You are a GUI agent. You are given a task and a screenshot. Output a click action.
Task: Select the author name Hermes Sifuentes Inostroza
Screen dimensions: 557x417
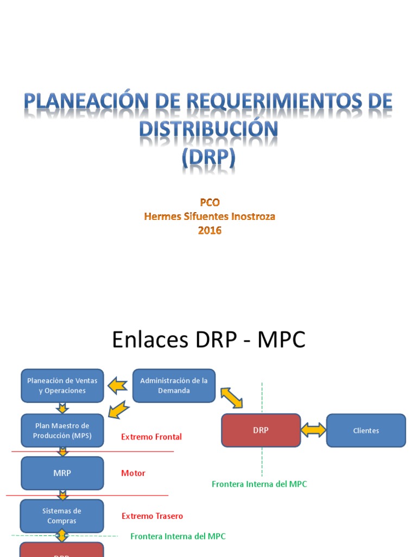[209, 216]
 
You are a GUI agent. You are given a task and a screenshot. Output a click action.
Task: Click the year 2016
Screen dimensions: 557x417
[209, 230]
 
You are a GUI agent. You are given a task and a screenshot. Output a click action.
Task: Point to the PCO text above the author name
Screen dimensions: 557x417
[209, 202]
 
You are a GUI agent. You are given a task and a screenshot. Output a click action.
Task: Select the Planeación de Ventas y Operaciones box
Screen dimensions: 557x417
[62, 386]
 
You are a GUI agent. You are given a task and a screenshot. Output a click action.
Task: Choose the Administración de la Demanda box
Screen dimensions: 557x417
[174, 386]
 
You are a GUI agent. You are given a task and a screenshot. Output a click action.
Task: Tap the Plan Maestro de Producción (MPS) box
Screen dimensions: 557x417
[62, 430]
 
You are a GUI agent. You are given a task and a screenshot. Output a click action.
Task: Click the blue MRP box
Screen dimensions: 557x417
[62, 473]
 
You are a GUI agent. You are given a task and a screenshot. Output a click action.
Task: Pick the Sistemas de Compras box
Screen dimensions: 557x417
[62, 516]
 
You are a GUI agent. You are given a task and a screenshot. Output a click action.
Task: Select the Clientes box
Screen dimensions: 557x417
[365, 430]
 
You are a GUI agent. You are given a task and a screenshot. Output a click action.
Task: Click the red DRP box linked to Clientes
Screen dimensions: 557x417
[261, 430]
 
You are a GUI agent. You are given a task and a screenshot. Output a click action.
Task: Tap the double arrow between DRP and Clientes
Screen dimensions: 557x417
[313, 430]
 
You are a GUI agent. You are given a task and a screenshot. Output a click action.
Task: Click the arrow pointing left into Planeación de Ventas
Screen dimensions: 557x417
[118, 386]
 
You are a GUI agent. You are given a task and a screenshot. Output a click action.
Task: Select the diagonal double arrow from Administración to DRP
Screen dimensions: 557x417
[231, 398]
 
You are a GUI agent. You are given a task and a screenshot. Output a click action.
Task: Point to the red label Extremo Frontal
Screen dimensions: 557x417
[151, 437]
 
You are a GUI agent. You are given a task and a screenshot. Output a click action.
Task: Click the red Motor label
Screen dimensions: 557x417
[133, 473]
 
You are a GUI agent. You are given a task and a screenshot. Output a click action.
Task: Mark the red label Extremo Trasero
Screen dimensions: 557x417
[152, 516]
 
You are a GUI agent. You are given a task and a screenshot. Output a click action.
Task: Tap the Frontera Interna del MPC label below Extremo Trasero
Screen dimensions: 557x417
[178, 536]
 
